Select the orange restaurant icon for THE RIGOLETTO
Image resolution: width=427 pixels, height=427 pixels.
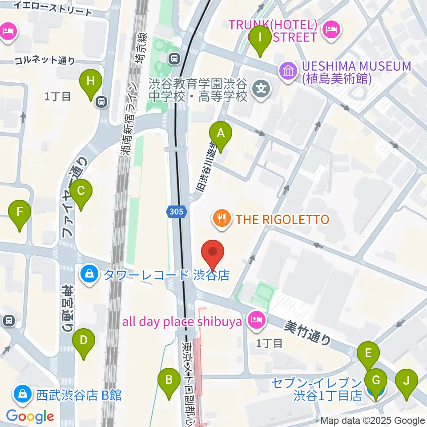tap(222, 218)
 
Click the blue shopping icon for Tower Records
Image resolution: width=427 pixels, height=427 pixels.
tap(89, 273)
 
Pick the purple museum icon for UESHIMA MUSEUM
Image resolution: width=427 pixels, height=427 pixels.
tap(288, 71)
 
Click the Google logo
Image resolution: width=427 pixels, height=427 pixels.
tap(30, 416)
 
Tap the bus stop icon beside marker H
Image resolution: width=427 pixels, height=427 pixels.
tap(102, 102)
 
